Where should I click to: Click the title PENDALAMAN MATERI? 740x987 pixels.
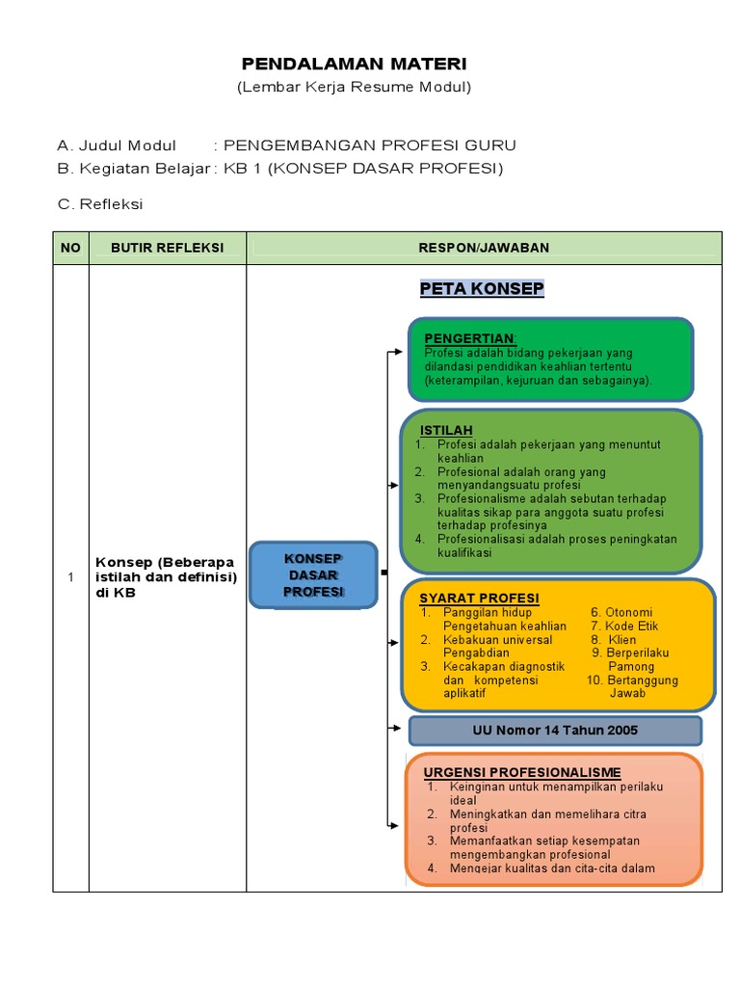coord(354,65)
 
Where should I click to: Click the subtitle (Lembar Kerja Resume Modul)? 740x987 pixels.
coord(354,88)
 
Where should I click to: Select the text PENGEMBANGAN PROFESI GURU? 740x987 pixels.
coord(370,146)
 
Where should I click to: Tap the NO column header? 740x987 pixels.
coord(70,248)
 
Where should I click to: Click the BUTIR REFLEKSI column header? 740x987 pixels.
coord(168,248)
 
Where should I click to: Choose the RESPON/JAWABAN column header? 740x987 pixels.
coord(484,248)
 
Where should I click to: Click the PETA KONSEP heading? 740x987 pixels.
coord(482,289)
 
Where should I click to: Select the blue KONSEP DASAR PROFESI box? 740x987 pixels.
coord(313,575)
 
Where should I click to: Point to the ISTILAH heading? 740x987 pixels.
coord(446,429)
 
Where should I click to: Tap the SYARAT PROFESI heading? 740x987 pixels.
coord(479,598)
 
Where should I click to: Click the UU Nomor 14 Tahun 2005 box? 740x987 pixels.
coord(555,731)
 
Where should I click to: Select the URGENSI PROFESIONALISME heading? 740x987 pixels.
coord(522,772)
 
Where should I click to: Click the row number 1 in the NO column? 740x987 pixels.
coord(70,577)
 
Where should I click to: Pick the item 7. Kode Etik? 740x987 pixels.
coord(623,626)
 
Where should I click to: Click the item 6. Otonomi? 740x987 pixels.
coord(621,612)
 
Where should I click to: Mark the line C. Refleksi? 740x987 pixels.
coord(100,204)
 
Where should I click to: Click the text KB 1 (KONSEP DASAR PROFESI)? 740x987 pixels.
coord(363,169)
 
